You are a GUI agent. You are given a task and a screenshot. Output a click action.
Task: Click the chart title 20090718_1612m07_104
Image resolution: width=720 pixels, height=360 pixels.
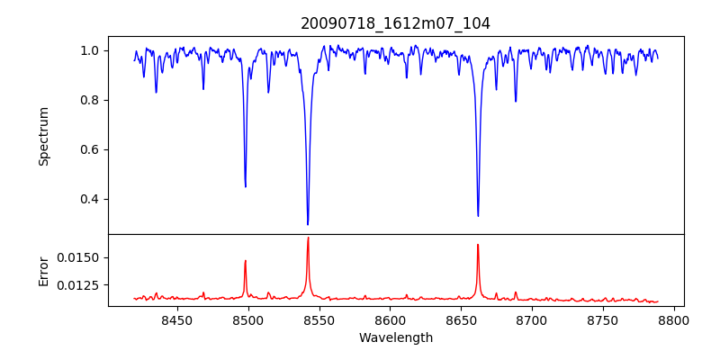[x=395, y=23]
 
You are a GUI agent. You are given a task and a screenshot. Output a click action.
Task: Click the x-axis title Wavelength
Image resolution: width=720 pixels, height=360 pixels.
[x=395, y=338]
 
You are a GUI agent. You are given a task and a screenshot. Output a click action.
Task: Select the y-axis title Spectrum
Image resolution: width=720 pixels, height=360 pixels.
[x=43, y=136]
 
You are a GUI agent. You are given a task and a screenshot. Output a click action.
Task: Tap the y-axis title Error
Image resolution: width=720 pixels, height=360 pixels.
[x=43, y=270]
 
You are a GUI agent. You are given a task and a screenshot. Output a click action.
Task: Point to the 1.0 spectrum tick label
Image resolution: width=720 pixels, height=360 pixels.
[x=88, y=50]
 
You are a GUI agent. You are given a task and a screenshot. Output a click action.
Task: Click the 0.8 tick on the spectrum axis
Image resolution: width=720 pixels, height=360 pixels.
[x=88, y=100]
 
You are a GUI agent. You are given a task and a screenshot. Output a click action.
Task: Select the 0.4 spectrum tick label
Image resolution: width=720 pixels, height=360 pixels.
[x=88, y=199]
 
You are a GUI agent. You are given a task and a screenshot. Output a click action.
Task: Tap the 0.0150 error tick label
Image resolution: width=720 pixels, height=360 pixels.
[x=77, y=257]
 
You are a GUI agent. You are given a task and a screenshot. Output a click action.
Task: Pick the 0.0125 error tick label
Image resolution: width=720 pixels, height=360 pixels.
[x=77, y=285]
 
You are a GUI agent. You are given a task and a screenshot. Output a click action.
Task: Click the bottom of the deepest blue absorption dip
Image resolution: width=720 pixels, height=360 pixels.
[x=308, y=224]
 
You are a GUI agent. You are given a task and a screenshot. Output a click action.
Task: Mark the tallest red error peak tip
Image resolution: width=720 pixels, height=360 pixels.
[x=308, y=238]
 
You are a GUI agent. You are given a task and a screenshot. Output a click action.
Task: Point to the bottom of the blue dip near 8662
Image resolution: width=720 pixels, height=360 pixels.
[x=478, y=216]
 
